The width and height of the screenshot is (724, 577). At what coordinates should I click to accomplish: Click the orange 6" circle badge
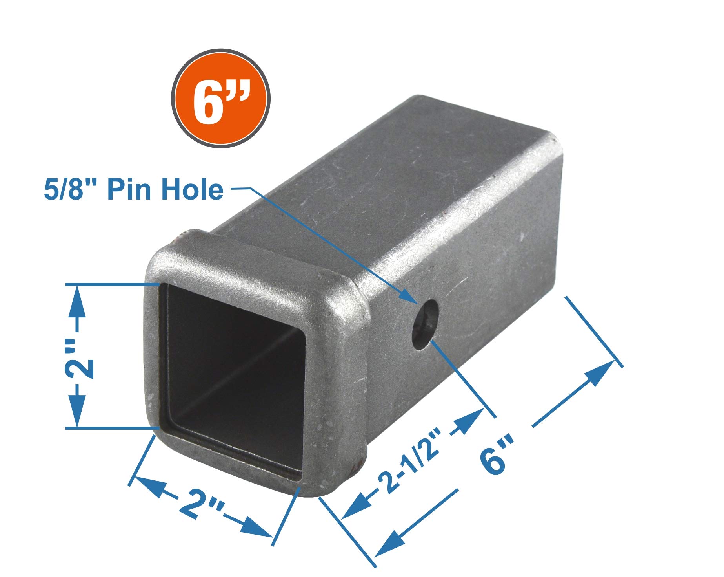point(221,99)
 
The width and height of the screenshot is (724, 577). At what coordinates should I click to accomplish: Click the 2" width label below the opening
point(201,507)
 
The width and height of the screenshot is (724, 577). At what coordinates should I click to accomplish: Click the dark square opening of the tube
point(233,377)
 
